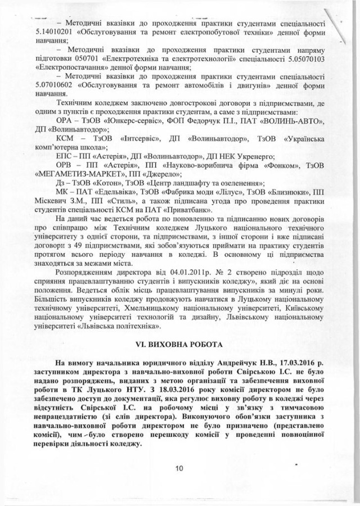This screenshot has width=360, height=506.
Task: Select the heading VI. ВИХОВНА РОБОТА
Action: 180,342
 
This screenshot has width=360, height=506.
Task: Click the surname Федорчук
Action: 203,120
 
